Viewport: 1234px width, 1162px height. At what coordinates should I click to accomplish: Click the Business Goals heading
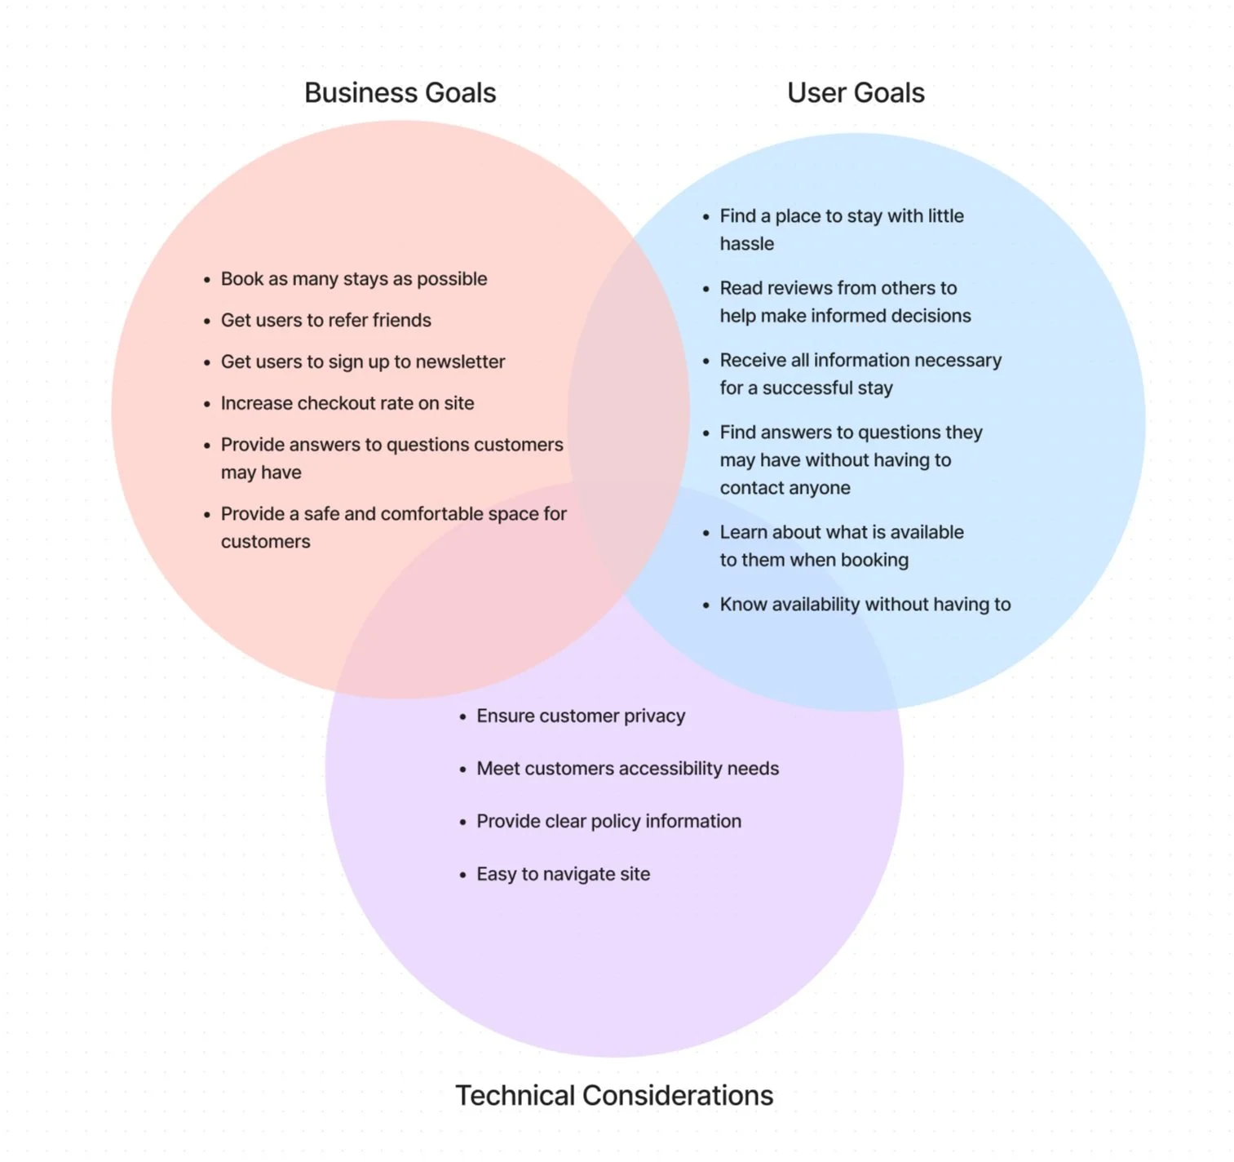coord(400,93)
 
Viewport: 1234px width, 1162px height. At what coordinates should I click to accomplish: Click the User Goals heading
coord(856,93)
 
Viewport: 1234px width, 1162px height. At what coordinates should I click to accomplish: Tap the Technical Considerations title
coord(614,1095)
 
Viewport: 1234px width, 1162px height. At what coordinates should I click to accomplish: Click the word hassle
coord(746,244)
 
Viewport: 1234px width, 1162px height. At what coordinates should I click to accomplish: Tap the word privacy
coord(654,716)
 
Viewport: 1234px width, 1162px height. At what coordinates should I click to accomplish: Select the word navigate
coord(578,874)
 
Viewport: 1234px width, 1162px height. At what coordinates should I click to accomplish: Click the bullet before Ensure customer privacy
coord(462,716)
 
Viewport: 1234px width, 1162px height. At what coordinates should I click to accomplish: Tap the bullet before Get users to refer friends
coord(207,322)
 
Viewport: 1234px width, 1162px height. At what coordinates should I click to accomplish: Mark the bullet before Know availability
coord(706,605)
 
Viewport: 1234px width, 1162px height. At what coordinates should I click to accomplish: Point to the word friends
coord(401,320)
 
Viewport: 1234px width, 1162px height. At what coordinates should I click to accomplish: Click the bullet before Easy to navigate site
coord(462,875)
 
